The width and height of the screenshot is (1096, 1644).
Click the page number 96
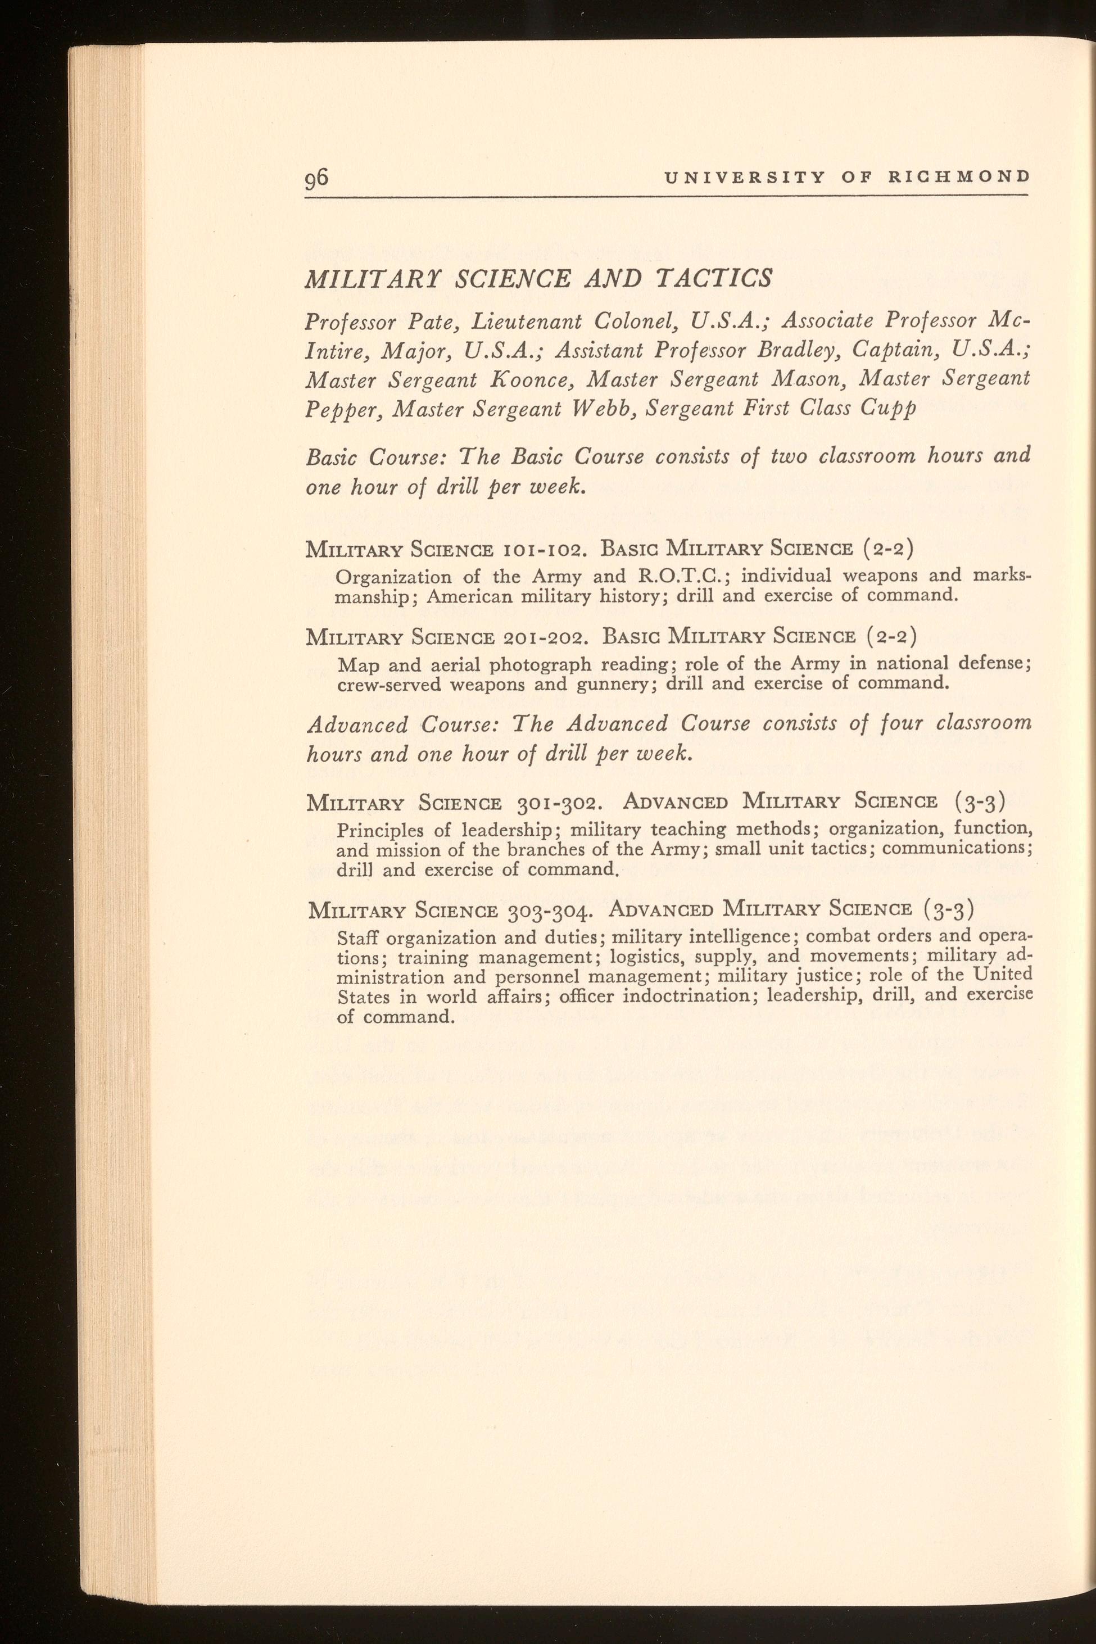click(x=316, y=178)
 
